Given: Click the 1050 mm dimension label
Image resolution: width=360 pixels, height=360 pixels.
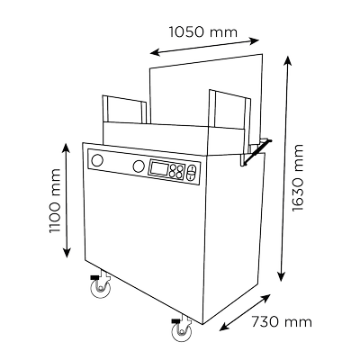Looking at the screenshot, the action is [x=203, y=31].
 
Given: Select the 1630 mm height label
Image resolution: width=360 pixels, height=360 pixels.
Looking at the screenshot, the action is [x=298, y=178].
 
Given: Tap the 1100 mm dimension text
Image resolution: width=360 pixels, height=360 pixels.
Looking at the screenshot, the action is [x=55, y=201].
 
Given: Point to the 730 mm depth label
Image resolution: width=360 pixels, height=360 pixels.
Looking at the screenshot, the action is [x=282, y=322].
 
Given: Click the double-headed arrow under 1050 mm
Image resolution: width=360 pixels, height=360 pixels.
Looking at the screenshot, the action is [x=204, y=47].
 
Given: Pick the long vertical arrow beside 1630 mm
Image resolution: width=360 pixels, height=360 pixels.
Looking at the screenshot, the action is [x=284, y=168].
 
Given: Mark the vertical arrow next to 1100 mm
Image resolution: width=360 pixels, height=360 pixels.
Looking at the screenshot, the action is [x=67, y=201].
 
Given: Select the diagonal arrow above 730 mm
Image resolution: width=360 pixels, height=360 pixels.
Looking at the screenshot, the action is [x=245, y=312].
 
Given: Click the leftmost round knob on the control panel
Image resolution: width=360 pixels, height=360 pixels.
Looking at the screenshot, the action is [x=97, y=160].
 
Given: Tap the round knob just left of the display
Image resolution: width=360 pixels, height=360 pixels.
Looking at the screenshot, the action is [x=139, y=166].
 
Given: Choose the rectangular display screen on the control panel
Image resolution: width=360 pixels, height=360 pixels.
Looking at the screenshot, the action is [x=158, y=168].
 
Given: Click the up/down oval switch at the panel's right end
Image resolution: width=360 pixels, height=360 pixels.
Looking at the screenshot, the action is [x=192, y=174].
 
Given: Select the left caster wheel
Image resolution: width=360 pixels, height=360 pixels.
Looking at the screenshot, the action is [x=101, y=289].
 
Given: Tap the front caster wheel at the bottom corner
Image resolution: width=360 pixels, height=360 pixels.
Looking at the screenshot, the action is [x=182, y=331].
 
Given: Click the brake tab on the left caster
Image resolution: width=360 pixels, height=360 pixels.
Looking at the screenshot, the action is [x=94, y=277].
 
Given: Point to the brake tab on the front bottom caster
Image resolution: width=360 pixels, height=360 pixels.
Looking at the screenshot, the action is [x=175, y=320].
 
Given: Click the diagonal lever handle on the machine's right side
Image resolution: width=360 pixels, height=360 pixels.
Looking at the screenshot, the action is [x=257, y=152].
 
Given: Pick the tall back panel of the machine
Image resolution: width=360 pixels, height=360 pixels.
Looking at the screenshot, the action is [x=206, y=90].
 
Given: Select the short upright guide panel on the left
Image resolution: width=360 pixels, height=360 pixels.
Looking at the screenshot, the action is [x=124, y=110].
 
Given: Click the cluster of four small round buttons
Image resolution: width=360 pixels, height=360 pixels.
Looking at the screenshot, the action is [x=176, y=172].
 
